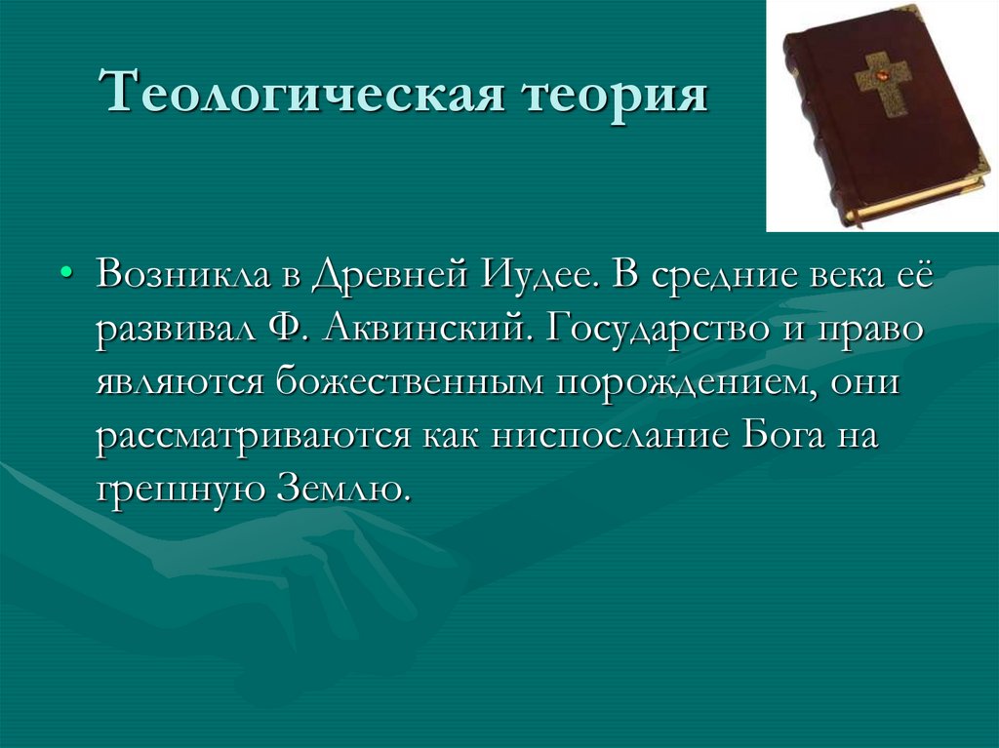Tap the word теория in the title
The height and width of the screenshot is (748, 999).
616,98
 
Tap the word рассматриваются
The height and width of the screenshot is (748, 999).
256,436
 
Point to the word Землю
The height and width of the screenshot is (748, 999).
338,487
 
